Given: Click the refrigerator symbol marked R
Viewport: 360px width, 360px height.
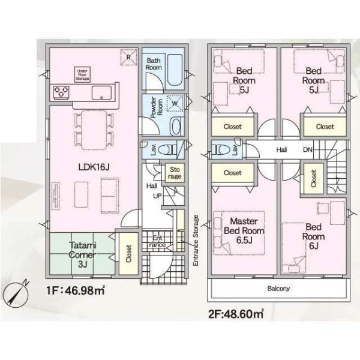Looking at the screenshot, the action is click(129, 57).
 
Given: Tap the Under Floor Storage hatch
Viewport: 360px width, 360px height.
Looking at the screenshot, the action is click(82, 74).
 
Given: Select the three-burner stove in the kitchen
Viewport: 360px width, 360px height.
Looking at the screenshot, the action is click(61, 92).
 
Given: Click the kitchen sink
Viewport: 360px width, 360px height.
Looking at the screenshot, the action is click(102, 93).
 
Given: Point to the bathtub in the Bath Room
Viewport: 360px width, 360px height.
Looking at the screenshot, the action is click(175, 70).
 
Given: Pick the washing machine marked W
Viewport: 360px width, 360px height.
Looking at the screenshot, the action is click(175, 103).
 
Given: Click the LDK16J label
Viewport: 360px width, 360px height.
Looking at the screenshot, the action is click(94, 167).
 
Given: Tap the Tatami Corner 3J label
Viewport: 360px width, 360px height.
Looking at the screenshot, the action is click(82, 254).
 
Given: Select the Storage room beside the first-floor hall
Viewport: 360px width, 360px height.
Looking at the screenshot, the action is click(175, 173).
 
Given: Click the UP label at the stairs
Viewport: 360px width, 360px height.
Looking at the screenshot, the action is click(157, 196).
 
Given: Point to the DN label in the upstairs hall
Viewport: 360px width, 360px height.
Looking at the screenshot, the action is click(308, 149).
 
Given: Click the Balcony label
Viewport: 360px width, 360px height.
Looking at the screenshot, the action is click(278, 289).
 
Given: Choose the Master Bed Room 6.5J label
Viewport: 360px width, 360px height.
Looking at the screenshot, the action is click(244, 230).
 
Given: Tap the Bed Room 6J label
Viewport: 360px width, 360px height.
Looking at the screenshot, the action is click(314, 236).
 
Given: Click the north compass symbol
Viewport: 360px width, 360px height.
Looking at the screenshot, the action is click(16, 294).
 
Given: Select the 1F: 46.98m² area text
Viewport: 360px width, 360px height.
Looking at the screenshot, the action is click(76, 290).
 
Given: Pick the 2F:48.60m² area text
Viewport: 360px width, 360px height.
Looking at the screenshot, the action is click(236, 314).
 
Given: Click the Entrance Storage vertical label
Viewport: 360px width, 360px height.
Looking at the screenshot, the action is click(196, 240).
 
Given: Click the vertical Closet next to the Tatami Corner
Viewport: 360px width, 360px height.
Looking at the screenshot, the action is click(128, 254).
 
